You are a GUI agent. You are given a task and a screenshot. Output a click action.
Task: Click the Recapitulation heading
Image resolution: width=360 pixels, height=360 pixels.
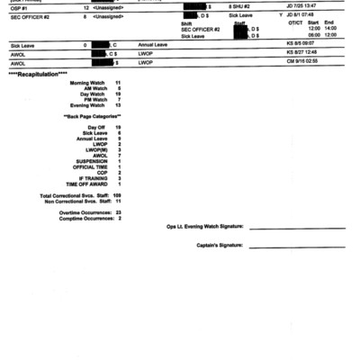[31, 73]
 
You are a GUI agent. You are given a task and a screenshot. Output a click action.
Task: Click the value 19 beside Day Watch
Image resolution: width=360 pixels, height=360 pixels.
[118, 93]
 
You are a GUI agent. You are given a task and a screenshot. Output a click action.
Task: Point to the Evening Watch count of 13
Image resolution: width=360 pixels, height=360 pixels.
[118, 104]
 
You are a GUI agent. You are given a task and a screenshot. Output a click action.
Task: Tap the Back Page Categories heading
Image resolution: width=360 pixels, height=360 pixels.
[92, 117]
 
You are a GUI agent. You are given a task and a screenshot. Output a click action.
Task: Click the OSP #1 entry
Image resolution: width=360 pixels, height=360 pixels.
[18, 7]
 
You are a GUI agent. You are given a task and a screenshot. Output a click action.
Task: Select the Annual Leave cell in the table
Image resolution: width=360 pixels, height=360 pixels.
[153, 44]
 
